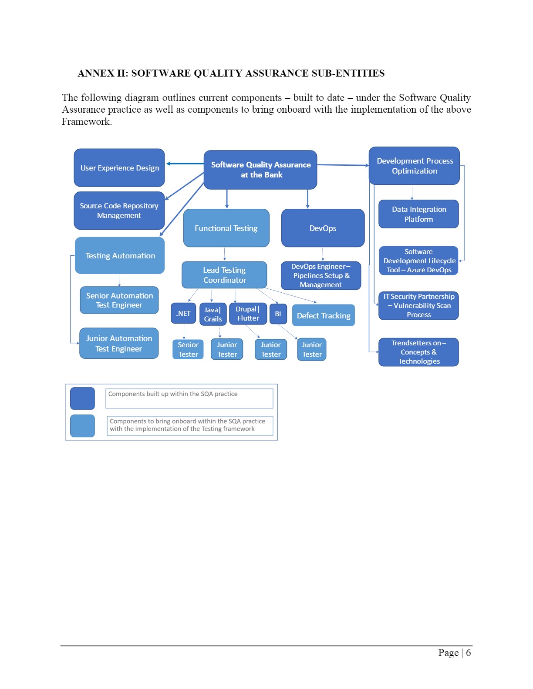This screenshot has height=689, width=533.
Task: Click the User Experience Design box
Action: (x=119, y=168)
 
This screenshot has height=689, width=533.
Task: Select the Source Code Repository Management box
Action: (x=119, y=211)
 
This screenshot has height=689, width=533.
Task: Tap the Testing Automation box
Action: (x=120, y=256)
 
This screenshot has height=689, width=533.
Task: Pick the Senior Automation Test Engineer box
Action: (x=119, y=300)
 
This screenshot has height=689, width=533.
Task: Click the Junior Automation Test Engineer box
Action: (x=119, y=343)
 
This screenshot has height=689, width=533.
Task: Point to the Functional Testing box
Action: (x=226, y=228)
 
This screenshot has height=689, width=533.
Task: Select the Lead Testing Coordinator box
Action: (x=224, y=275)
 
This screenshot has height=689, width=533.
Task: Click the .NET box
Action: (x=183, y=313)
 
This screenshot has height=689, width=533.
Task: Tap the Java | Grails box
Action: (x=213, y=314)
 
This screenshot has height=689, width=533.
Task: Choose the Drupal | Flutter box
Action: (x=248, y=314)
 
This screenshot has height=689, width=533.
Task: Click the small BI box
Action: (x=278, y=314)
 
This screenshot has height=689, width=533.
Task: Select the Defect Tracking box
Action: (x=324, y=315)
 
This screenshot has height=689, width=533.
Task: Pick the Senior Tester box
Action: (x=188, y=349)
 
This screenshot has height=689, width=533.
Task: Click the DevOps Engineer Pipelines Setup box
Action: (x=321, y=275)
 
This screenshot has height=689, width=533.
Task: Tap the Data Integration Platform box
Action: (x=419, y=214)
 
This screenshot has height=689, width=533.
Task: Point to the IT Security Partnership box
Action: (x=419, y=306)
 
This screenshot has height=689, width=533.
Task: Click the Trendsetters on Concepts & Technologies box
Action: (x=419, y=352)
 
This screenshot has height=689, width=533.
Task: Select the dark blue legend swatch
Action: (x=83, y=398)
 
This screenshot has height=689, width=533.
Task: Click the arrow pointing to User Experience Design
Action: (x=185, y=164)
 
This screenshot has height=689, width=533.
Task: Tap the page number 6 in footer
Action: (x=468, y=652)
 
